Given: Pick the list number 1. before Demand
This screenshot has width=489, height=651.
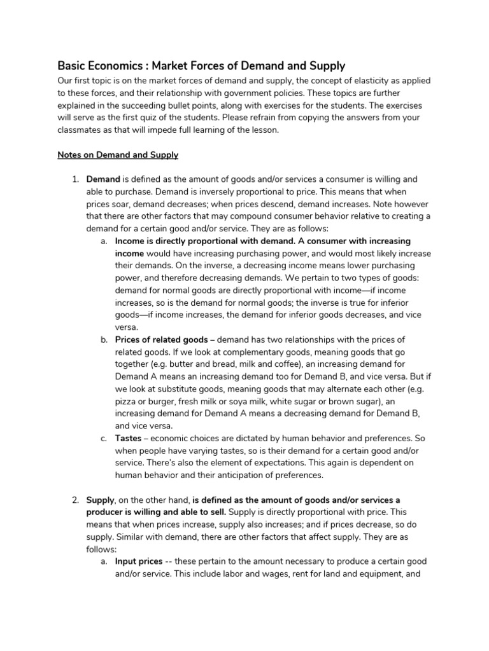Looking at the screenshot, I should click(74, 179).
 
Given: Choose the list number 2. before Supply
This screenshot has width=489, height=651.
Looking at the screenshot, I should click(74, 501).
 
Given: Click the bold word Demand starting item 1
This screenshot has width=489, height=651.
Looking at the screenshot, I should click(103, 179).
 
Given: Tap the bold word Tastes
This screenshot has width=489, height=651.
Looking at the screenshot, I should click(128, 438).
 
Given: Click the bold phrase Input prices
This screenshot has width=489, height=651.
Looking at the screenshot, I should click(139, 562).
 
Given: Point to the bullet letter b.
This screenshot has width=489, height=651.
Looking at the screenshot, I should click(104, 339).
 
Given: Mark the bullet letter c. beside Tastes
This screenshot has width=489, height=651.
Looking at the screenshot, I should click(104, 438).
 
